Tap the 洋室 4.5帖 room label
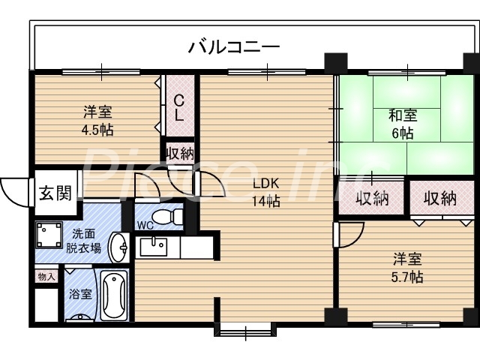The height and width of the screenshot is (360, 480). coord(97,121)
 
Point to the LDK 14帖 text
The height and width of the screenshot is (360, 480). coord(265,192)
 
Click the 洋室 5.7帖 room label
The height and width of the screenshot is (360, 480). coord(408,268)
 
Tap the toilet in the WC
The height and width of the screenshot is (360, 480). coord(174,217)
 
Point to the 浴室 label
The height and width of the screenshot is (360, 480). coord(80,294)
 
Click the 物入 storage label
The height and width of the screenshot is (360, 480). coord(46,277)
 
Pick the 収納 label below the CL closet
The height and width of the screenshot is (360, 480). coord(179,154)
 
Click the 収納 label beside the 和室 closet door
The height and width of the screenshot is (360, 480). coord(373,199)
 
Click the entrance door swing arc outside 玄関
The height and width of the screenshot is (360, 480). coord(13,191)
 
